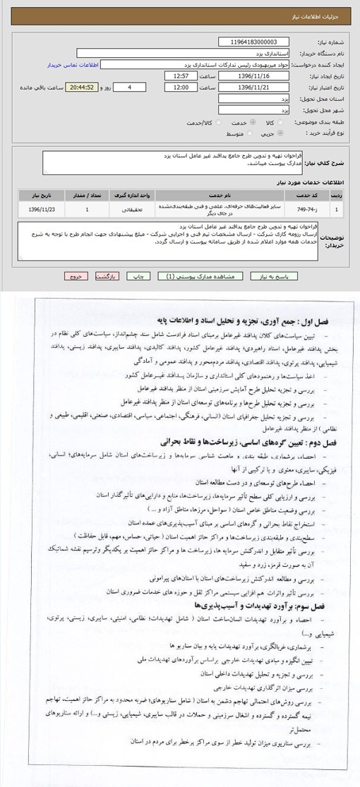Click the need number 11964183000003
pos(253,42)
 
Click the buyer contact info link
pos(71,64)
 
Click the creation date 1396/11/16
pos(253,76)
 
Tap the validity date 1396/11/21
pos(253,87)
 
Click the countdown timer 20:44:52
pos(83,87)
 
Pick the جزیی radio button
pos(281,133)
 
